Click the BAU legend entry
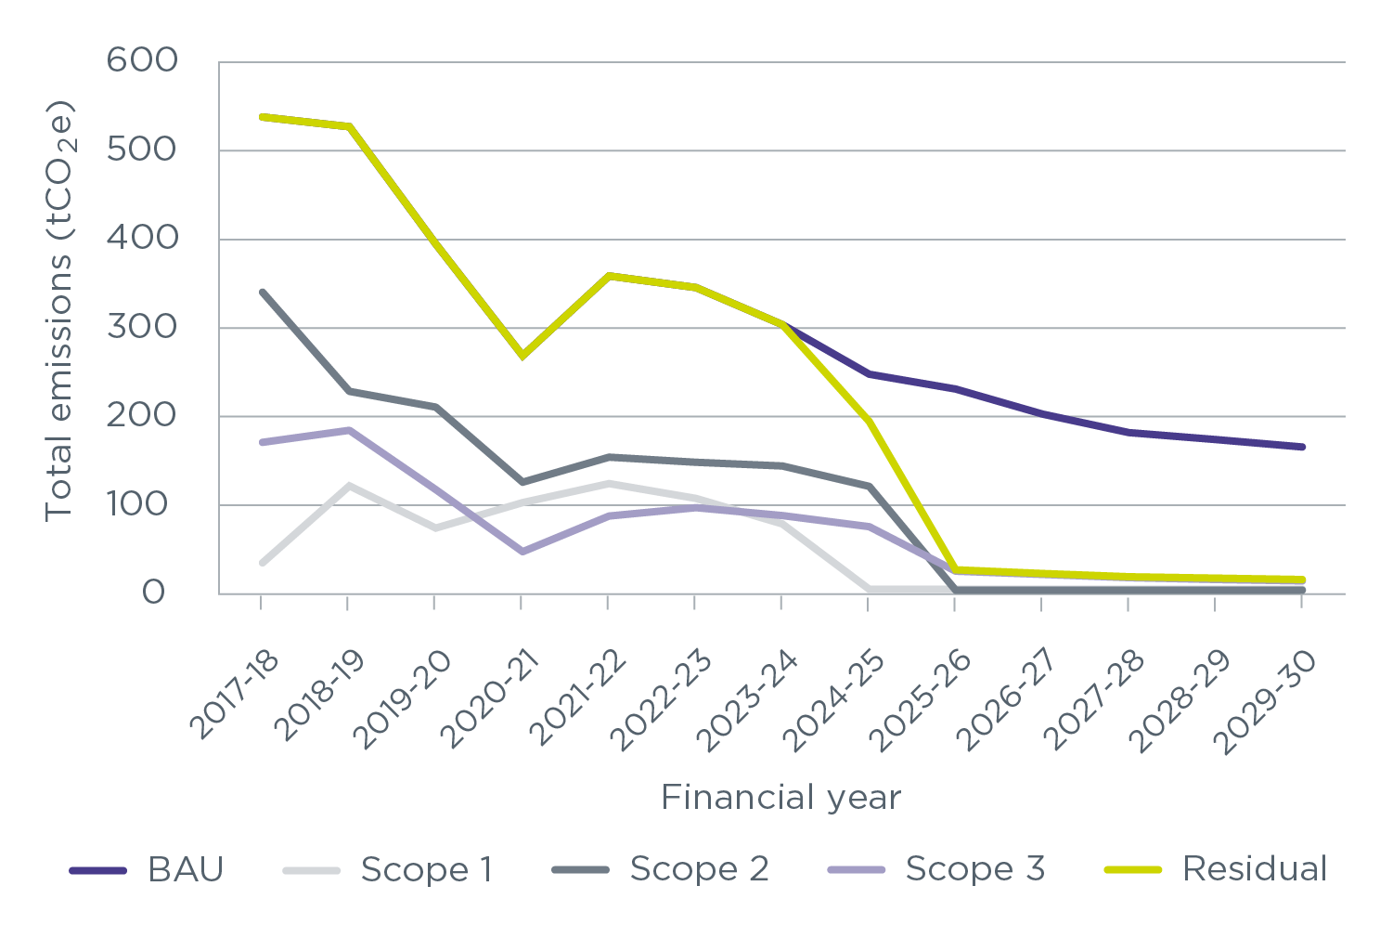tap(148, 869)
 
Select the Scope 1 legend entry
tap(388, 869)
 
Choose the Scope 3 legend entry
tap(935, 869)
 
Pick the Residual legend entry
tap(1216, 869)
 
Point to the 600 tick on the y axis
tap(142, 61)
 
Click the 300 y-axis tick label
tap(142, 328)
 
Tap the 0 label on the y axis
tap(154, 593)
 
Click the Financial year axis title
tap(780, 798)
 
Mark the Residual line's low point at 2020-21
tap(522, 355)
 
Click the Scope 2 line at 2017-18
tap(262, 292)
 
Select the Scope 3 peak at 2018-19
tap(348, 430)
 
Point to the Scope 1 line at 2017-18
tap(262, 563)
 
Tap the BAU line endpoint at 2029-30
tap(1301, 447)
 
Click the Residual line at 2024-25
tap(868, 421)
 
